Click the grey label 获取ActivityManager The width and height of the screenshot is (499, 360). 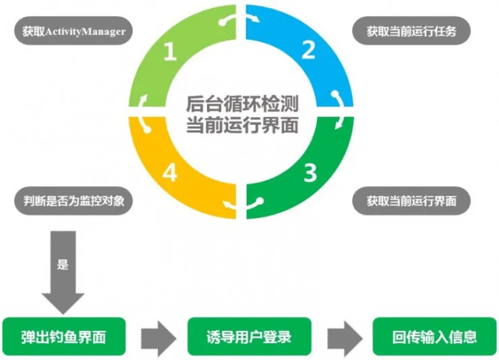(72, 32)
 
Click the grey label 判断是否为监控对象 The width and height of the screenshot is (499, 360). (72, 200)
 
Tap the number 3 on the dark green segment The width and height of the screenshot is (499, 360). (309, 173)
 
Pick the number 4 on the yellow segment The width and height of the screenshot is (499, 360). (171, 173)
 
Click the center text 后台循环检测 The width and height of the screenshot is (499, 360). (242, 104)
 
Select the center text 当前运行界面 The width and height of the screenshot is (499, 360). (242, 125)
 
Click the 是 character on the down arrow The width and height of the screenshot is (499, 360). (63, 265)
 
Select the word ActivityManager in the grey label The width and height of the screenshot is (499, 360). (86, 32)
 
